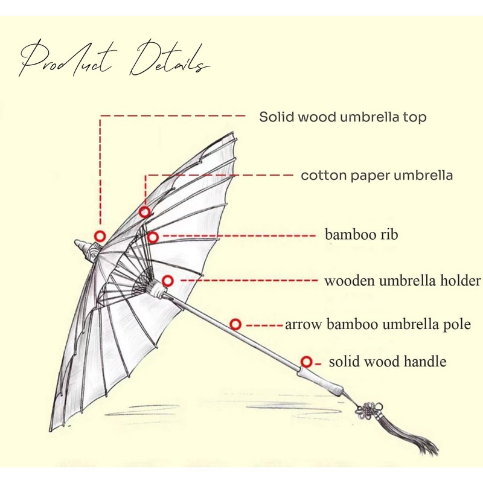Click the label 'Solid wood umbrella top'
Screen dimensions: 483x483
(342, 117)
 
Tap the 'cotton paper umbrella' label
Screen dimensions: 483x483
(377, 176)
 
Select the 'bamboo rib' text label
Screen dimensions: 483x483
(362, 234)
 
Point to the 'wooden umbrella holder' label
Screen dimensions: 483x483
(402, 281)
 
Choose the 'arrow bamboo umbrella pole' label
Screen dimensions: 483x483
(377, 324)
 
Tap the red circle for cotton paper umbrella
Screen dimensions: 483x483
(145, 212)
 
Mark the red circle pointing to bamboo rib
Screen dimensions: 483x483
(153, 237)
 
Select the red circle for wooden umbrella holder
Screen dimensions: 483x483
(168, 281)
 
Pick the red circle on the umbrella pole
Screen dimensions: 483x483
(235, 324)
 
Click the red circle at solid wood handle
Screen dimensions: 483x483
(306, 362)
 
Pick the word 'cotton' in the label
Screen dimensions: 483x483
(322, 176)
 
